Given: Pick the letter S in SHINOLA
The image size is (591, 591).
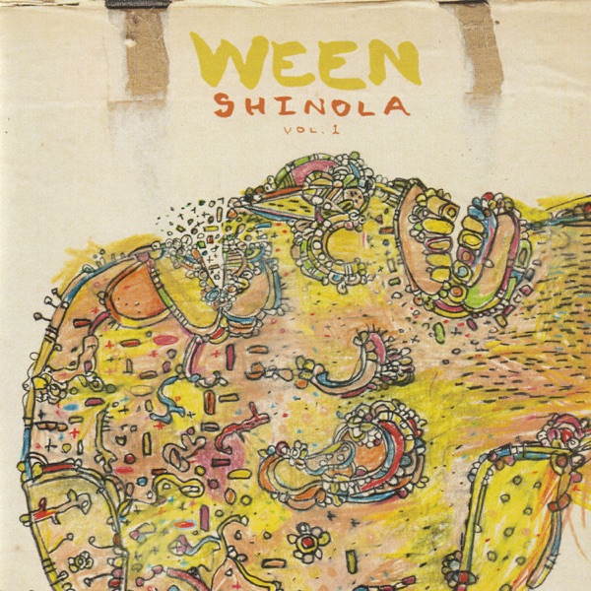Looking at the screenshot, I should point(224,106).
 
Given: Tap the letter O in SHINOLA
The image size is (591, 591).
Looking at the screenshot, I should point(335,106).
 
